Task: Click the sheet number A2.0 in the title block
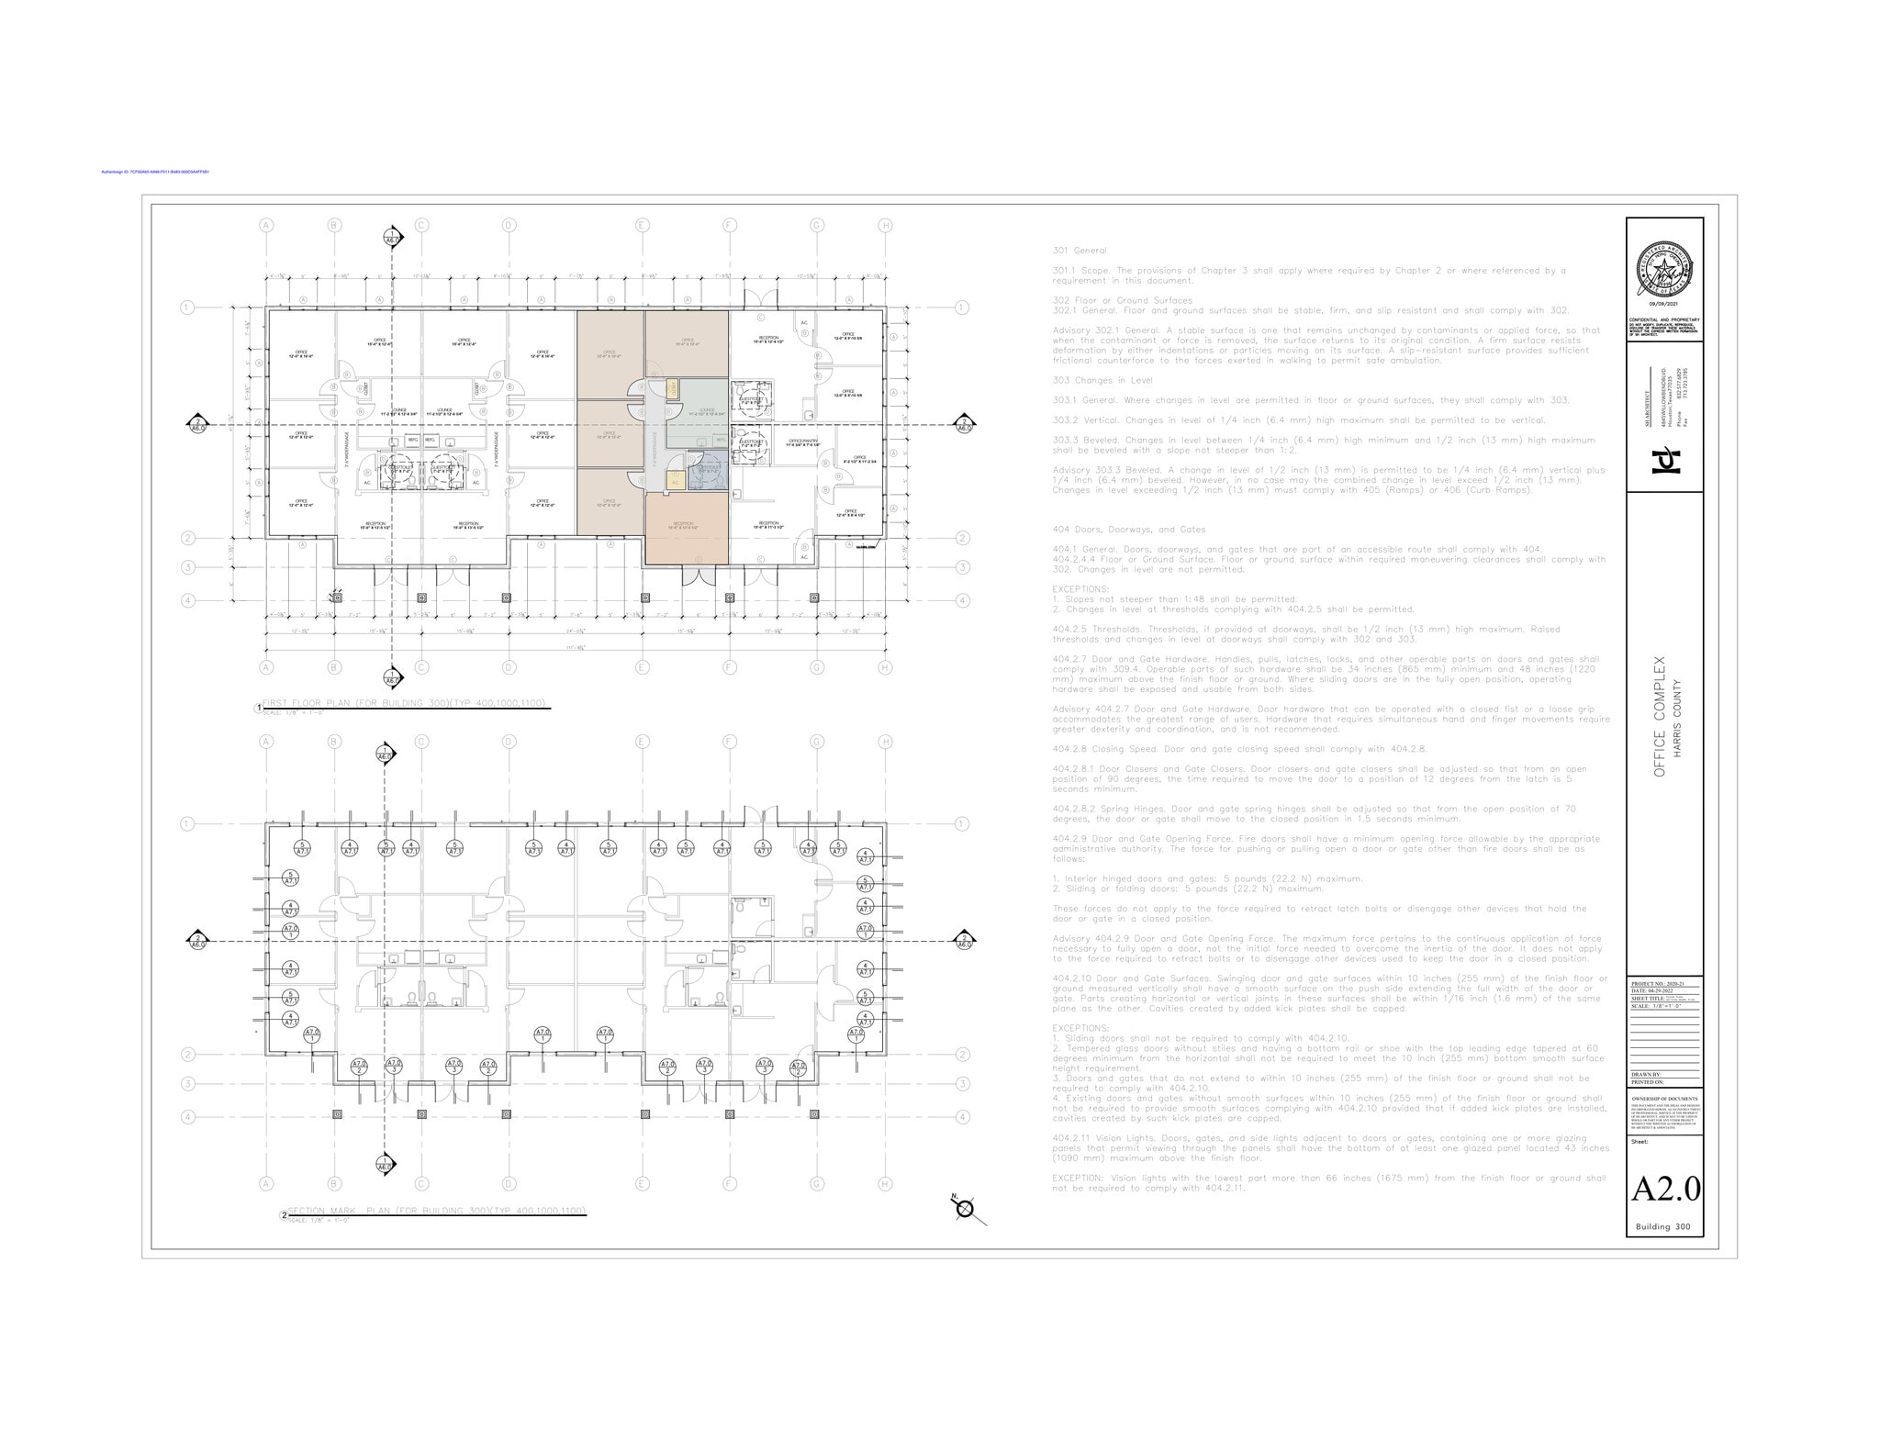pyautogui.click(x=1664, y=1189)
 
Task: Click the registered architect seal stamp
pyautogui.click(x=1664, y=265)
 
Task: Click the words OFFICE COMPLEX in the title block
pyautogui.click(x=1659, y=717)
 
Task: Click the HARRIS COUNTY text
pyautogui.click(x=1677, y=717)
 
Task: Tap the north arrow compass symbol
pyautogui.click(x=964, y=1209)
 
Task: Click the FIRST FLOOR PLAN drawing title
pyautogui.click(x=404, y=703)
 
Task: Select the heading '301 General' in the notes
pyautogui.click(x=1080, y=251)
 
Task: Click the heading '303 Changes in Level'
pyautogui.click(x=1102, y=380)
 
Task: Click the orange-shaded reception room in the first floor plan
pyautogui.click(x=687, y=528)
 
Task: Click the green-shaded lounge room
pyautogui.click(x=707, y=413)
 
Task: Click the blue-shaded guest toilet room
pyautogui.click(x=708, y=469)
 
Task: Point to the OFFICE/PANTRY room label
pyautogui.click(x=802, y=442)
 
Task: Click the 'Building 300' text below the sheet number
pyautogui.click(x=1664, y=1227)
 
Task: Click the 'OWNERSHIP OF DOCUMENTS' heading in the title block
pyautogui.click(x=1664, y=1098)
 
